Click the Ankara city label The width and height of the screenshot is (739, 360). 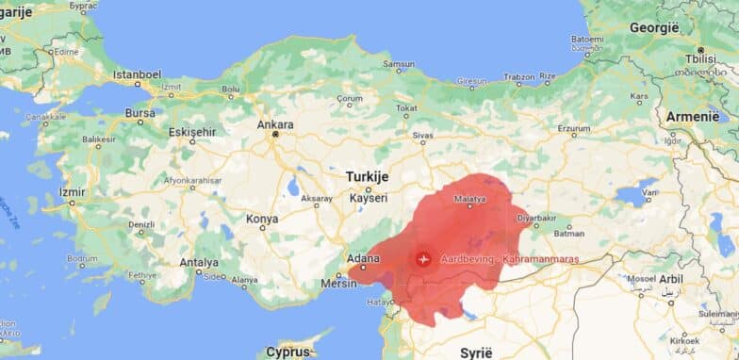(275, 124)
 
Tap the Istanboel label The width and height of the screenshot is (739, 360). (137, 74)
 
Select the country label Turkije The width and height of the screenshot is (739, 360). (367, 176)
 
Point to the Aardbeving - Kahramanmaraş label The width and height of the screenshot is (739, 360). (508, 258)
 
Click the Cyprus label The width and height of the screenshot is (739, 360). (287, 352)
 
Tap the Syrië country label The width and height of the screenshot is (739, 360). (475, 352)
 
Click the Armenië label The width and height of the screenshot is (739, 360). (693, 115)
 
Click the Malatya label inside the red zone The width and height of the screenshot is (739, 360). (469, 199)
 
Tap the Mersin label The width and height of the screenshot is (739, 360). (339, 281)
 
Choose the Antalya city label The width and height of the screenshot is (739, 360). (199, 263)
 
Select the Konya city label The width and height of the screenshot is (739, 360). (261, 219)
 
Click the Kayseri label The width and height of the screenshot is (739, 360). (368, 198)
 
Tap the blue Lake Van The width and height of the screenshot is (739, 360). (634, 194)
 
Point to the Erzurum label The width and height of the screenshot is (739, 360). (573, 129)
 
